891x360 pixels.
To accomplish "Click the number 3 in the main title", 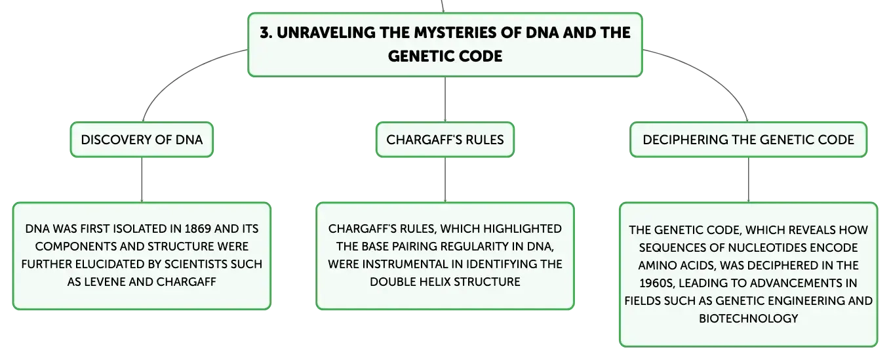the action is pyautogui.click(x=266, y=33).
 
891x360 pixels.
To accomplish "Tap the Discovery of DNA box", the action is pyautogui.click(x=142, y=140).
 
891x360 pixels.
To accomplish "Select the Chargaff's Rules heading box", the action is pyautogui.click(x=445, y=140).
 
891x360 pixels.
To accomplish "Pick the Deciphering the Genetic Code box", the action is pyautogui.click(x=748, y=140).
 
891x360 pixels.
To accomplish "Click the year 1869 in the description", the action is pyautogui.click(x=198, y=229).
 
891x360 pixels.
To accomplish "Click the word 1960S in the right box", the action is pyautogui.click(x=657, y=283).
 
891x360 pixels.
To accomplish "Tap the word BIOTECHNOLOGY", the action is pyautogui.click(x=748, y=319).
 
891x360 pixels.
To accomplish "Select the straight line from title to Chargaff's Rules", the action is pyautogui.click(x=445, y=100).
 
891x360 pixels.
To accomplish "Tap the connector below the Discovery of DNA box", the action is pyautogui.click(x=142, y=180).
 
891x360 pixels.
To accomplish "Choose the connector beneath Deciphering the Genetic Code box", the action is pyautogui.click(x=748, y=180).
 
